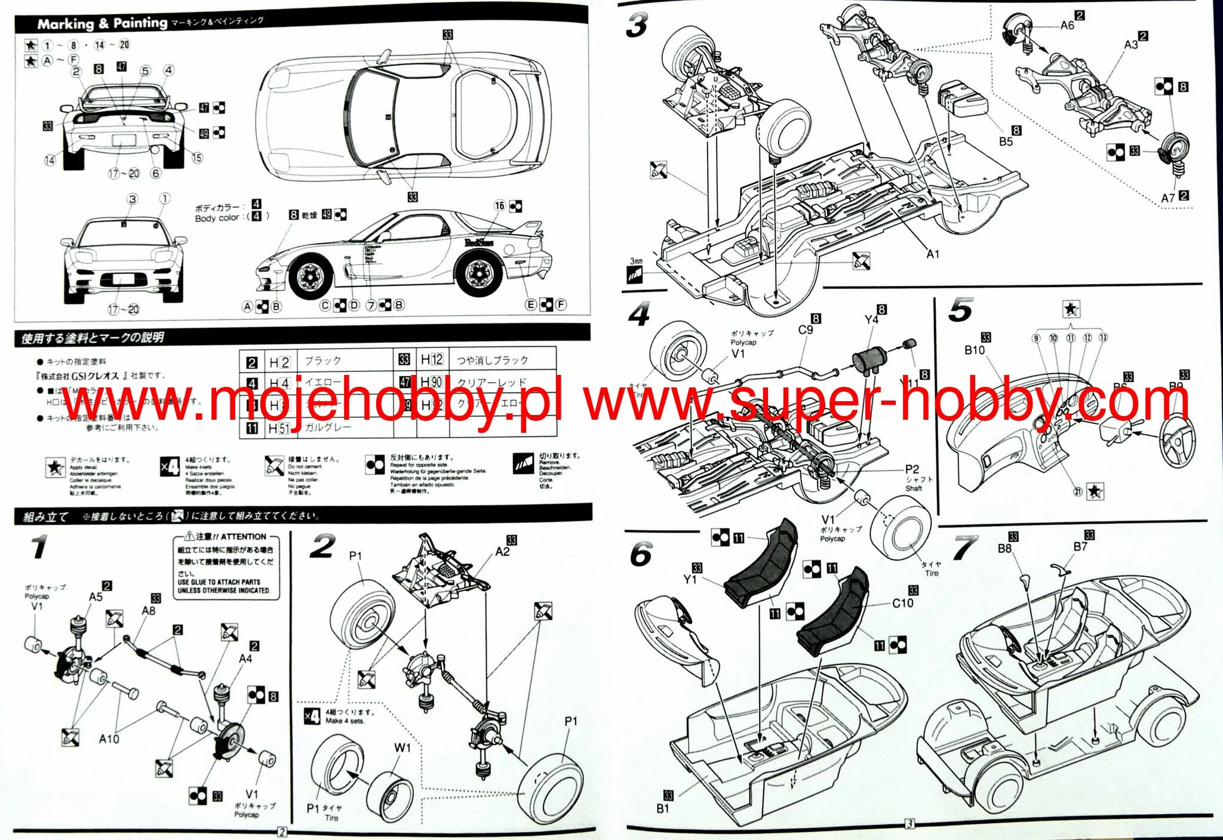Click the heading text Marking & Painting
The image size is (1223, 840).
(102, 23)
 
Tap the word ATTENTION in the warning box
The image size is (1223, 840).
(243, 537)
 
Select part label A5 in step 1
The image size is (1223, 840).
(96, 596)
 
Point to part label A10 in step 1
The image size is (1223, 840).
(109, 739)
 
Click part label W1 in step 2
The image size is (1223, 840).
(402, 747)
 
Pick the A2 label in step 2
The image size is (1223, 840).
(502, 552)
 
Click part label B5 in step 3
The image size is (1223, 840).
(1006, 141)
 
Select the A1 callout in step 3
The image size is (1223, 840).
(933, 254)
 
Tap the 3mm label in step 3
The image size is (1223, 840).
(637, 261)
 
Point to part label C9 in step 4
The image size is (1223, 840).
(806, 330)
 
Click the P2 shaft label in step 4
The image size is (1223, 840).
(912, 469)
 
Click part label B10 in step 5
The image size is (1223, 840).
(974, 350)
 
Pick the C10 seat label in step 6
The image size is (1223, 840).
(902, 603)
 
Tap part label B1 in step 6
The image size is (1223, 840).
(663, 808)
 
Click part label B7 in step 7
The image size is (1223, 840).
(1080, 546)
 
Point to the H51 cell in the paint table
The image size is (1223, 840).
(278, 428)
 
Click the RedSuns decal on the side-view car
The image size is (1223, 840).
(478, 242)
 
